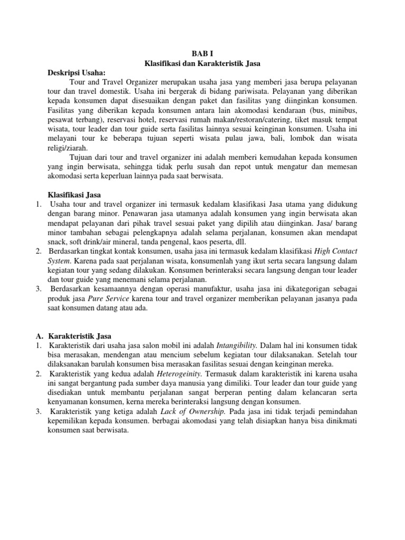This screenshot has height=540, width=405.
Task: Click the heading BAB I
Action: [202, 53]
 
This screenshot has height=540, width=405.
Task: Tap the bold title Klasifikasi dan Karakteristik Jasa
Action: [202, 63]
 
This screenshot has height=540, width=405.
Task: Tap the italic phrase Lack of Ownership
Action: [192, 411]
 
